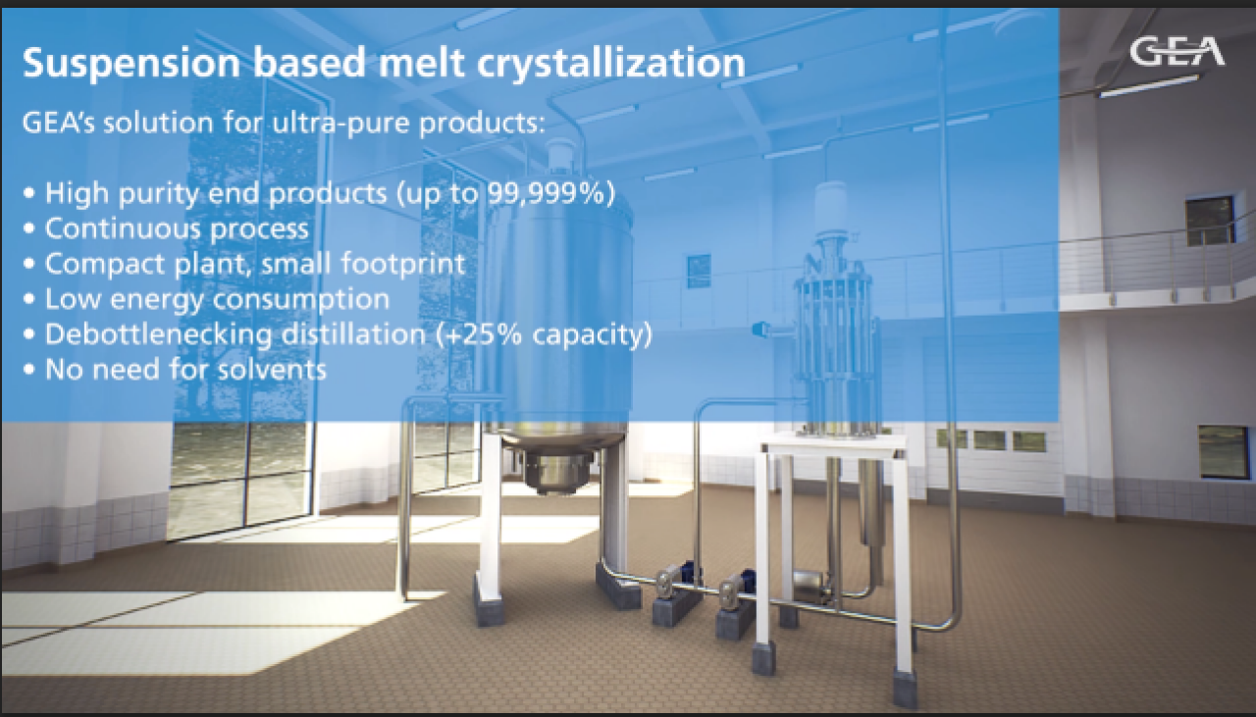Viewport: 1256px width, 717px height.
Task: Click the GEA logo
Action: coord(1177,52)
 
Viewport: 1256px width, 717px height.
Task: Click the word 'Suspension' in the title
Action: coord(131,64)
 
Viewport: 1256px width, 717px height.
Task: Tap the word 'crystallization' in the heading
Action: coord(611,64)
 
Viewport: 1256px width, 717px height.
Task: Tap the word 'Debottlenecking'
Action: coord(159,334)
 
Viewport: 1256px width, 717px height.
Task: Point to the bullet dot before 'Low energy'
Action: coord(29,299)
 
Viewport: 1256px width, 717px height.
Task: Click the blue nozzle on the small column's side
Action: coord(759,330)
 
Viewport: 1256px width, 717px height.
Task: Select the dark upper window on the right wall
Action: coord(1210,221)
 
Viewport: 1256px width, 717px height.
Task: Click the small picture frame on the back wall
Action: coord(699,271)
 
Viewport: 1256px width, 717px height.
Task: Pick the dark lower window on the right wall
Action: coord(1224,452)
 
